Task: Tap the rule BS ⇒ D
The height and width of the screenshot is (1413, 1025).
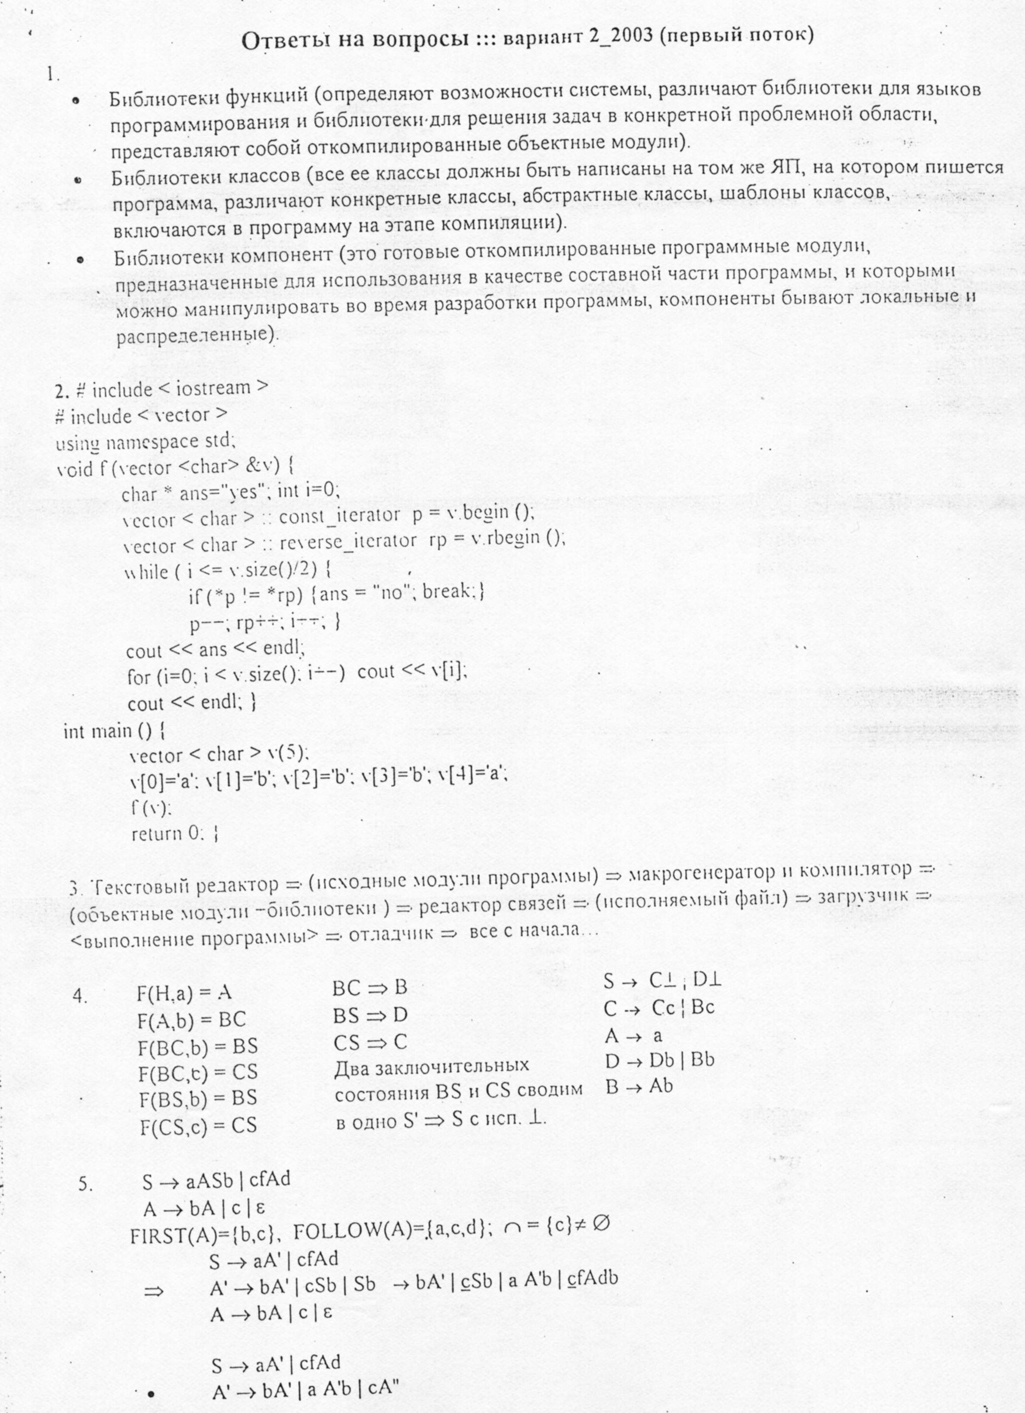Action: click(370, 1015)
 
